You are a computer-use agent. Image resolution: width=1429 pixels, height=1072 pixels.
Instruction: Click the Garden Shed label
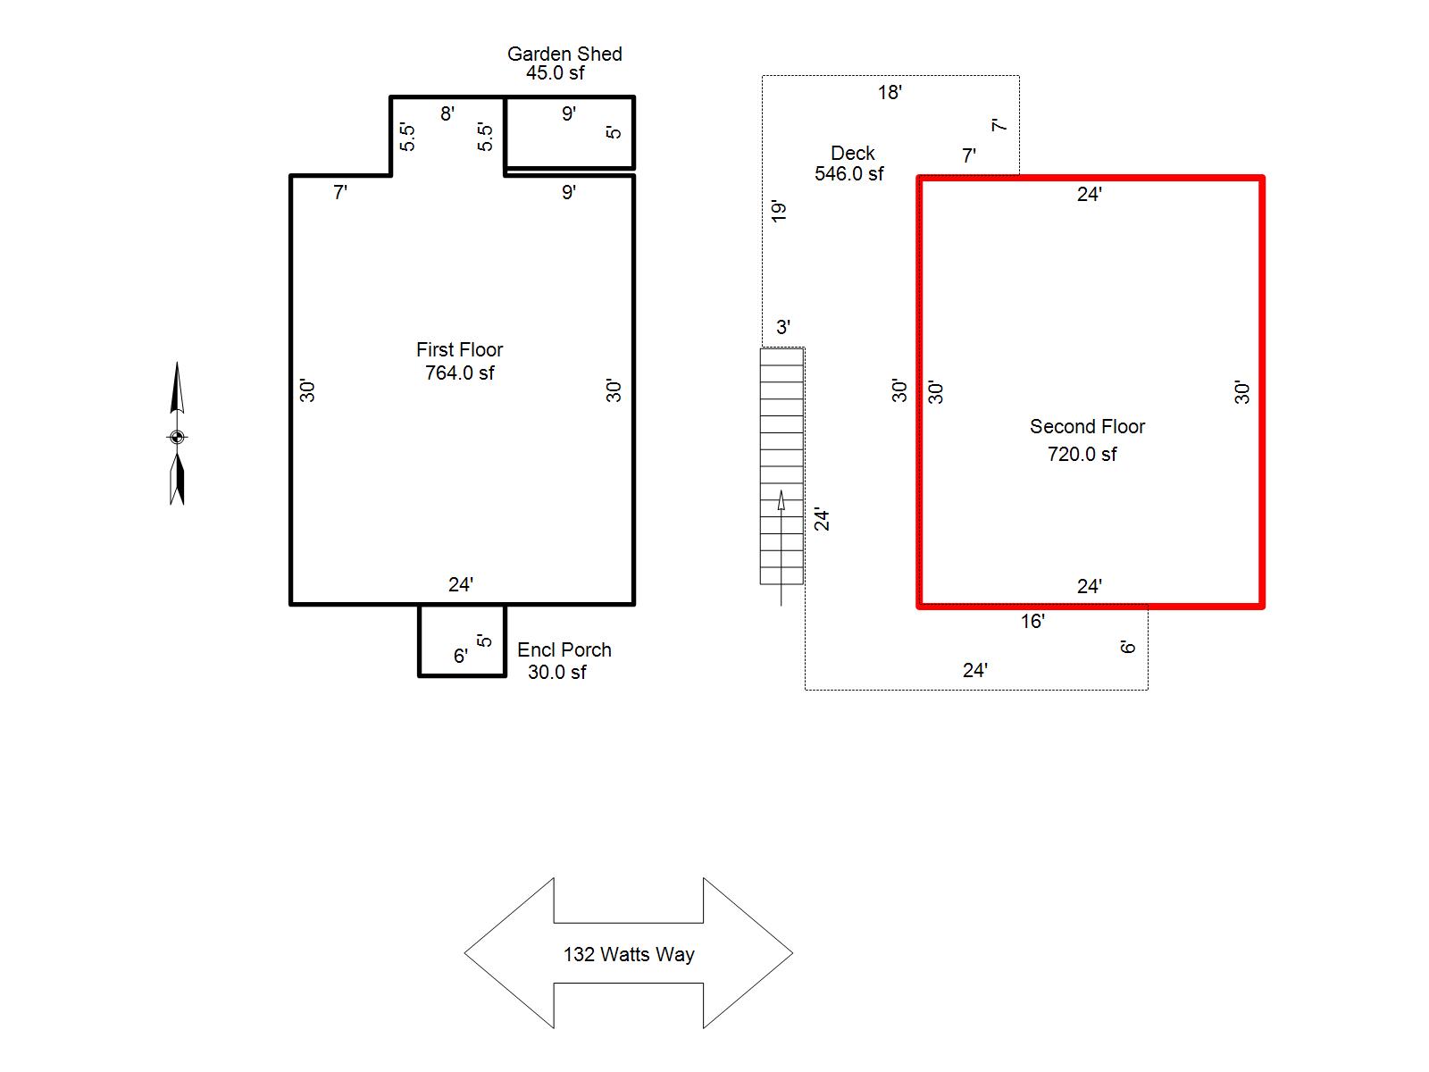564,54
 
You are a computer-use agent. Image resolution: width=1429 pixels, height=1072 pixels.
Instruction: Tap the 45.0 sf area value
555,73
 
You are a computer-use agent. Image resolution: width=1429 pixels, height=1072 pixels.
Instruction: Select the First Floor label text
459,349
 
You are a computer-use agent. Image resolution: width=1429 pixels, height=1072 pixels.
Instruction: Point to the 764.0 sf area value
459,373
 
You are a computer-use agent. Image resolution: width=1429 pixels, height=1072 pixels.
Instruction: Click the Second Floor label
1087,426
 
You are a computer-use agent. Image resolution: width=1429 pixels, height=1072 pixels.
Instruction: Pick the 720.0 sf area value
1082,455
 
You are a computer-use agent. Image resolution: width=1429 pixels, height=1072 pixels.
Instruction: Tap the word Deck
852,153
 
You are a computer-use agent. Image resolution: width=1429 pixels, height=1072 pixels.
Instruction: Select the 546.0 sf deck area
848,174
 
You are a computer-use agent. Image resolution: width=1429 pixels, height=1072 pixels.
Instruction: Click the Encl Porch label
564,649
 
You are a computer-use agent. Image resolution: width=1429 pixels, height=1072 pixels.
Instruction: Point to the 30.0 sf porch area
556,673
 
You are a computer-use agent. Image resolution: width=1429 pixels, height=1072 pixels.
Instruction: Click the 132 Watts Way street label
628,954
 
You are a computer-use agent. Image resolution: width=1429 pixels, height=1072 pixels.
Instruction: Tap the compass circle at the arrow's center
177,437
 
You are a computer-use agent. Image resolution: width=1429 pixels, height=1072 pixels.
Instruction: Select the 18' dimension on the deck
890,92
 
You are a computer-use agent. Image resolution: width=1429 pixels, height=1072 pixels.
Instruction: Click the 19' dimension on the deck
779,211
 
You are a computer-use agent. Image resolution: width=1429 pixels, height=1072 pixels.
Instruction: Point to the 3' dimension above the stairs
783,327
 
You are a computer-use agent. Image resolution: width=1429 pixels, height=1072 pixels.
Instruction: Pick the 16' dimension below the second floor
1032,622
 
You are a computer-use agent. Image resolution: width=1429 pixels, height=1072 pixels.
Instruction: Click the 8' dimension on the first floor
447,114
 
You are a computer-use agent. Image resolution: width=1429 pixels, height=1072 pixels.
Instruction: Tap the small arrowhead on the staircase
781,500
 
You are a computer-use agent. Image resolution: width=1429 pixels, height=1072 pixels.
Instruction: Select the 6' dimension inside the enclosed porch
460,656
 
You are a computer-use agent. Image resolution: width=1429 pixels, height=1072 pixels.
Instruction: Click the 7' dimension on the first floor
340,193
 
